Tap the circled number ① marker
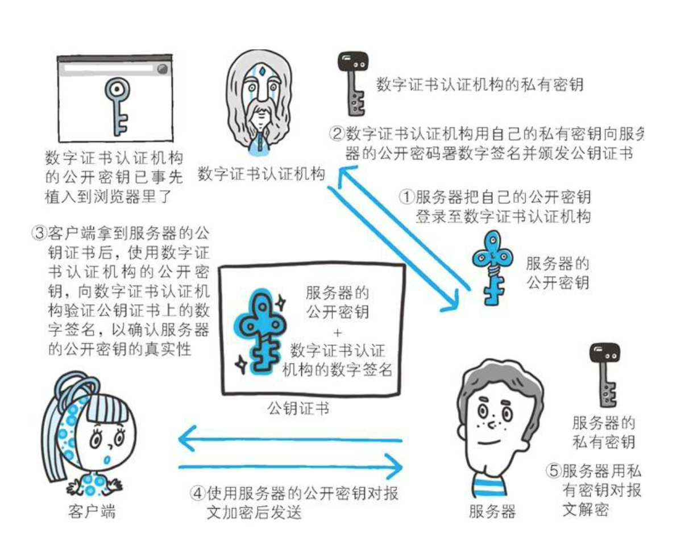coord(407,197)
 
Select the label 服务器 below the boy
coord(492,511)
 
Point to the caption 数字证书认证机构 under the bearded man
coord(262,174)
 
